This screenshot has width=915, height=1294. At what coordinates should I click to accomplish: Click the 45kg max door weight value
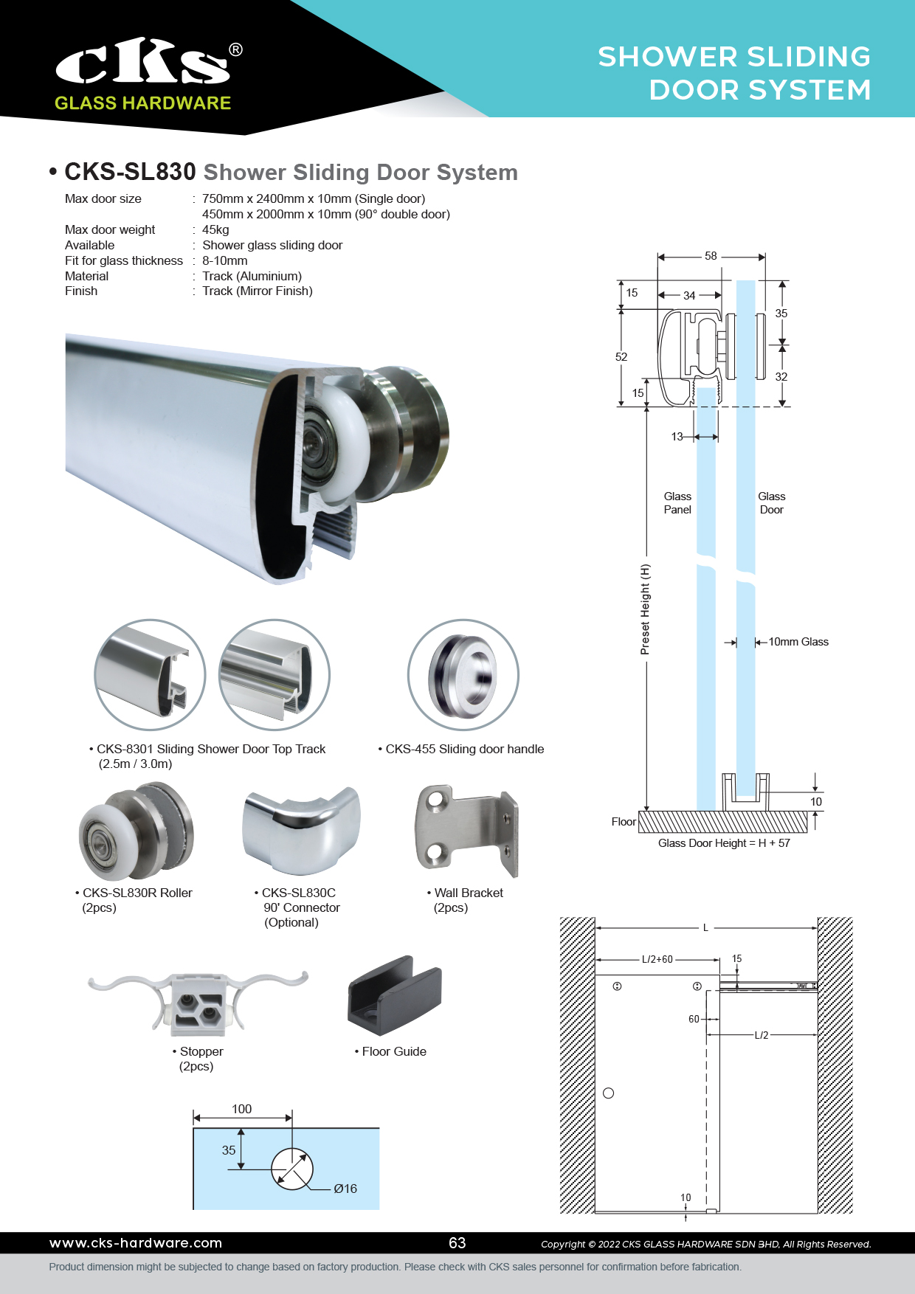coord(215,229)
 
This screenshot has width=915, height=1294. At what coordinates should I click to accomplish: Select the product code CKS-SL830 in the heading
coord(130,172)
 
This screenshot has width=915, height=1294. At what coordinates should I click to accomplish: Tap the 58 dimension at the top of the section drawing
coord(711,256)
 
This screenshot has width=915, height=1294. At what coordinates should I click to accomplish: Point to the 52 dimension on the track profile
coord(621,357)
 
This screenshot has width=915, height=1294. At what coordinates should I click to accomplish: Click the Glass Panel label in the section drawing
coord(677,503)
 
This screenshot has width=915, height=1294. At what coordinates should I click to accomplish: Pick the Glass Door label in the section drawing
coord(771,503)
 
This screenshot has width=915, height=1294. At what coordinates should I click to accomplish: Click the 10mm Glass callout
coord(798,642)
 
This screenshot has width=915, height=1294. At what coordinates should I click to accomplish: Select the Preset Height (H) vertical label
coord(646,609)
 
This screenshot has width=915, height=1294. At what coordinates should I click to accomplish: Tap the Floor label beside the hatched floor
coord(624,822)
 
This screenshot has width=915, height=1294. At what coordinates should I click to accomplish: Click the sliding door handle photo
coord(463,674)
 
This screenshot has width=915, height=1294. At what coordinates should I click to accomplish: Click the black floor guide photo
coord(394,995)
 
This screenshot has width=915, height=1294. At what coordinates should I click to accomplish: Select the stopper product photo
coord(198,1000)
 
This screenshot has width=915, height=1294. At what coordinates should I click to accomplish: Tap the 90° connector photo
coord(301,829)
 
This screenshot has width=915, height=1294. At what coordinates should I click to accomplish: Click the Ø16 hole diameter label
coord(345,1189)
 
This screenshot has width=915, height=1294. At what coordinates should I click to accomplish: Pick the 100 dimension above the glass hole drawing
coord(242,1109)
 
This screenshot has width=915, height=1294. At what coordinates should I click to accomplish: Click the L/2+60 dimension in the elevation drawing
coord(657,960)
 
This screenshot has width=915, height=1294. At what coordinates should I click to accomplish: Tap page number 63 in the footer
coord(457,1243)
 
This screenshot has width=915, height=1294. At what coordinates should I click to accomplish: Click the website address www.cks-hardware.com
coord(136,1243)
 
